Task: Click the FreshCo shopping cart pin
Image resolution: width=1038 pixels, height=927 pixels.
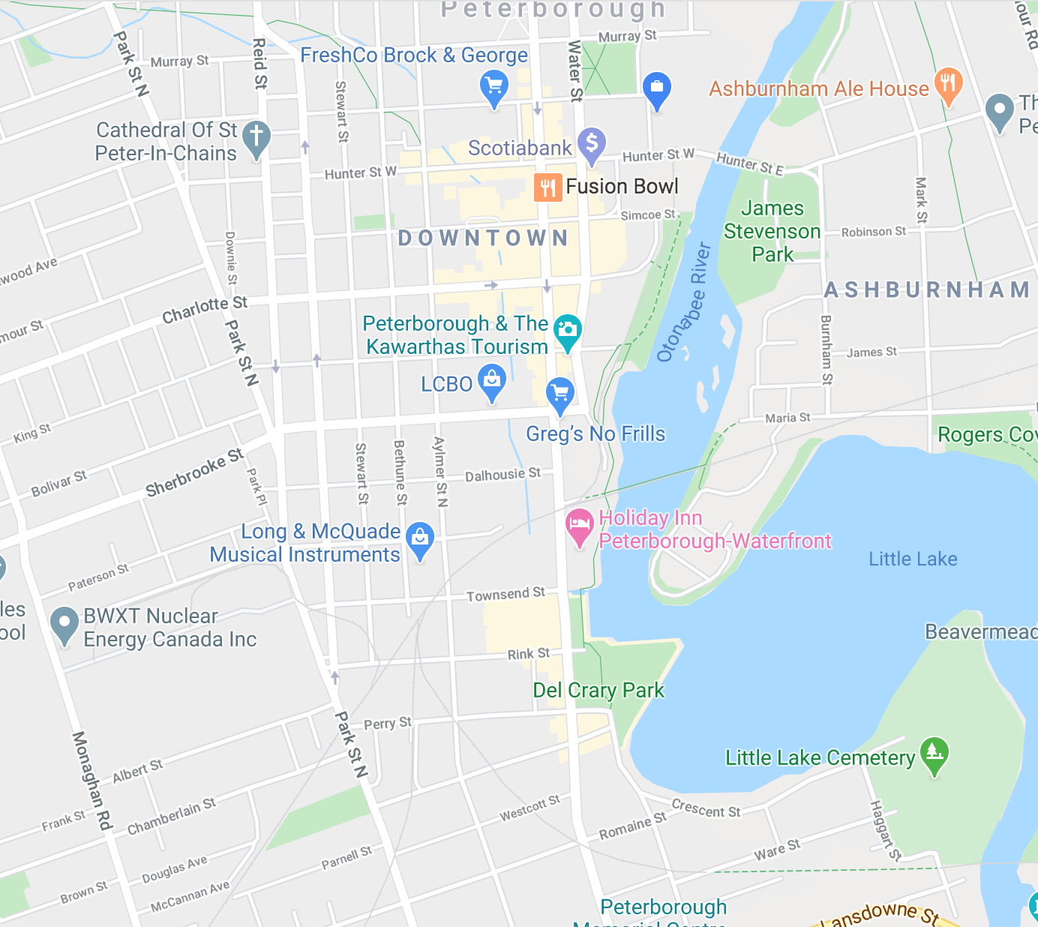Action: (x=493, y=87)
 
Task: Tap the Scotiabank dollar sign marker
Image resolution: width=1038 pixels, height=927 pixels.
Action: (x=591, y=143)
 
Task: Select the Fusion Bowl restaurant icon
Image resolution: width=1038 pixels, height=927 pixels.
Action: (x=547, y=187)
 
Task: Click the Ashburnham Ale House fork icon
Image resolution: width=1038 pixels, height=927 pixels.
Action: (x=948, y=84)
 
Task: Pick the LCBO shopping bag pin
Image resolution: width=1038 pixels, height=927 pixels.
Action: (x=492, y=380)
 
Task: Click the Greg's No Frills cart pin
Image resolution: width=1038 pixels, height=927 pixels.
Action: (x=559, y=393)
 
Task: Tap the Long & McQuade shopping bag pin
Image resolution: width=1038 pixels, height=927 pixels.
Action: (x=420, y=538)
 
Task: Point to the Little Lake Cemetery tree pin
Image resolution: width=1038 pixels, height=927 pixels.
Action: (x=934, y=753)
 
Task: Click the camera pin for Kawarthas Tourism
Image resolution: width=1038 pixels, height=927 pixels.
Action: (x=568, y=331)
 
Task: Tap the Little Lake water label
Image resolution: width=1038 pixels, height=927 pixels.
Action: (x=913, y=559)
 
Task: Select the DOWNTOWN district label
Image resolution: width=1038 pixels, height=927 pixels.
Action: (x=483, y=238)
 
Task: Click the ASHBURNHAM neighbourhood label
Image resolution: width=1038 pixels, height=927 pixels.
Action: (x=927, y=290)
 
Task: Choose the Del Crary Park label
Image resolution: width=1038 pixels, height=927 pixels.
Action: (x=598, y=690)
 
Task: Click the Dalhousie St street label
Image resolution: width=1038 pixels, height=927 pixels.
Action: (x=502, y=475)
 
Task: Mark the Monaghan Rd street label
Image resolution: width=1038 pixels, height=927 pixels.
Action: (x=91, y=780)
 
